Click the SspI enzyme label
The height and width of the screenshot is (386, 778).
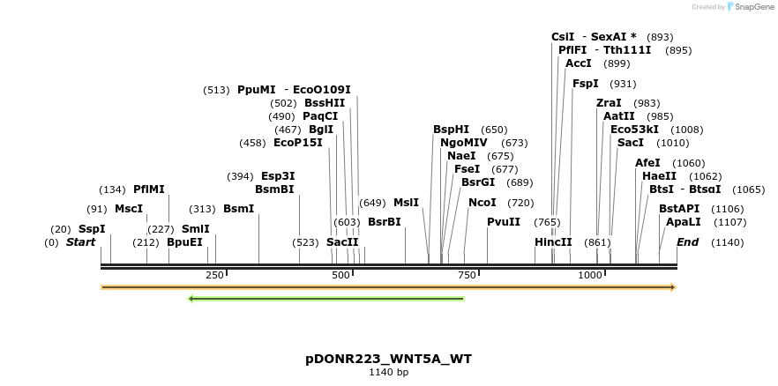[x=92, y=229]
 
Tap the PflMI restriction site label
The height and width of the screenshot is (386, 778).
[x=149, y=189]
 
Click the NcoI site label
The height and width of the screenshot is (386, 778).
[x=483, y=203]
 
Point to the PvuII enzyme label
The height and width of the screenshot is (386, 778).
[x=504, y=222]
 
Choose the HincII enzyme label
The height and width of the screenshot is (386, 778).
[x=553, y=242]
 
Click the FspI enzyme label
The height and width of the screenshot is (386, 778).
[x=586, y=84]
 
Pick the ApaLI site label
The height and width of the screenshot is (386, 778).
[x=684, y=222]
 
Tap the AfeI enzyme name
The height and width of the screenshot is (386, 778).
[x=647, y=163]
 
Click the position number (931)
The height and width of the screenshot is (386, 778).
[x=623, y=84]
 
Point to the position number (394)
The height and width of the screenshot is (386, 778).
[x=240, y=176]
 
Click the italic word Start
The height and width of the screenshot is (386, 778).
[x=80, y=242]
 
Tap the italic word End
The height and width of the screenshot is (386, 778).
[x=688, y=242]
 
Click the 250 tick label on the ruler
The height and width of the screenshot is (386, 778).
[x=214, y=276]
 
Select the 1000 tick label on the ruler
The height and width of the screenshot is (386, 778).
[x=589, y=276]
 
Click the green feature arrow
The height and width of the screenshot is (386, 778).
[x=326, y=299]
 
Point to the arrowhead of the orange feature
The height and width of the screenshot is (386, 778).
[x=672, y=287]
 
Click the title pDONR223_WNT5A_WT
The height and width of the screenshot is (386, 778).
[x=388, y=359]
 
